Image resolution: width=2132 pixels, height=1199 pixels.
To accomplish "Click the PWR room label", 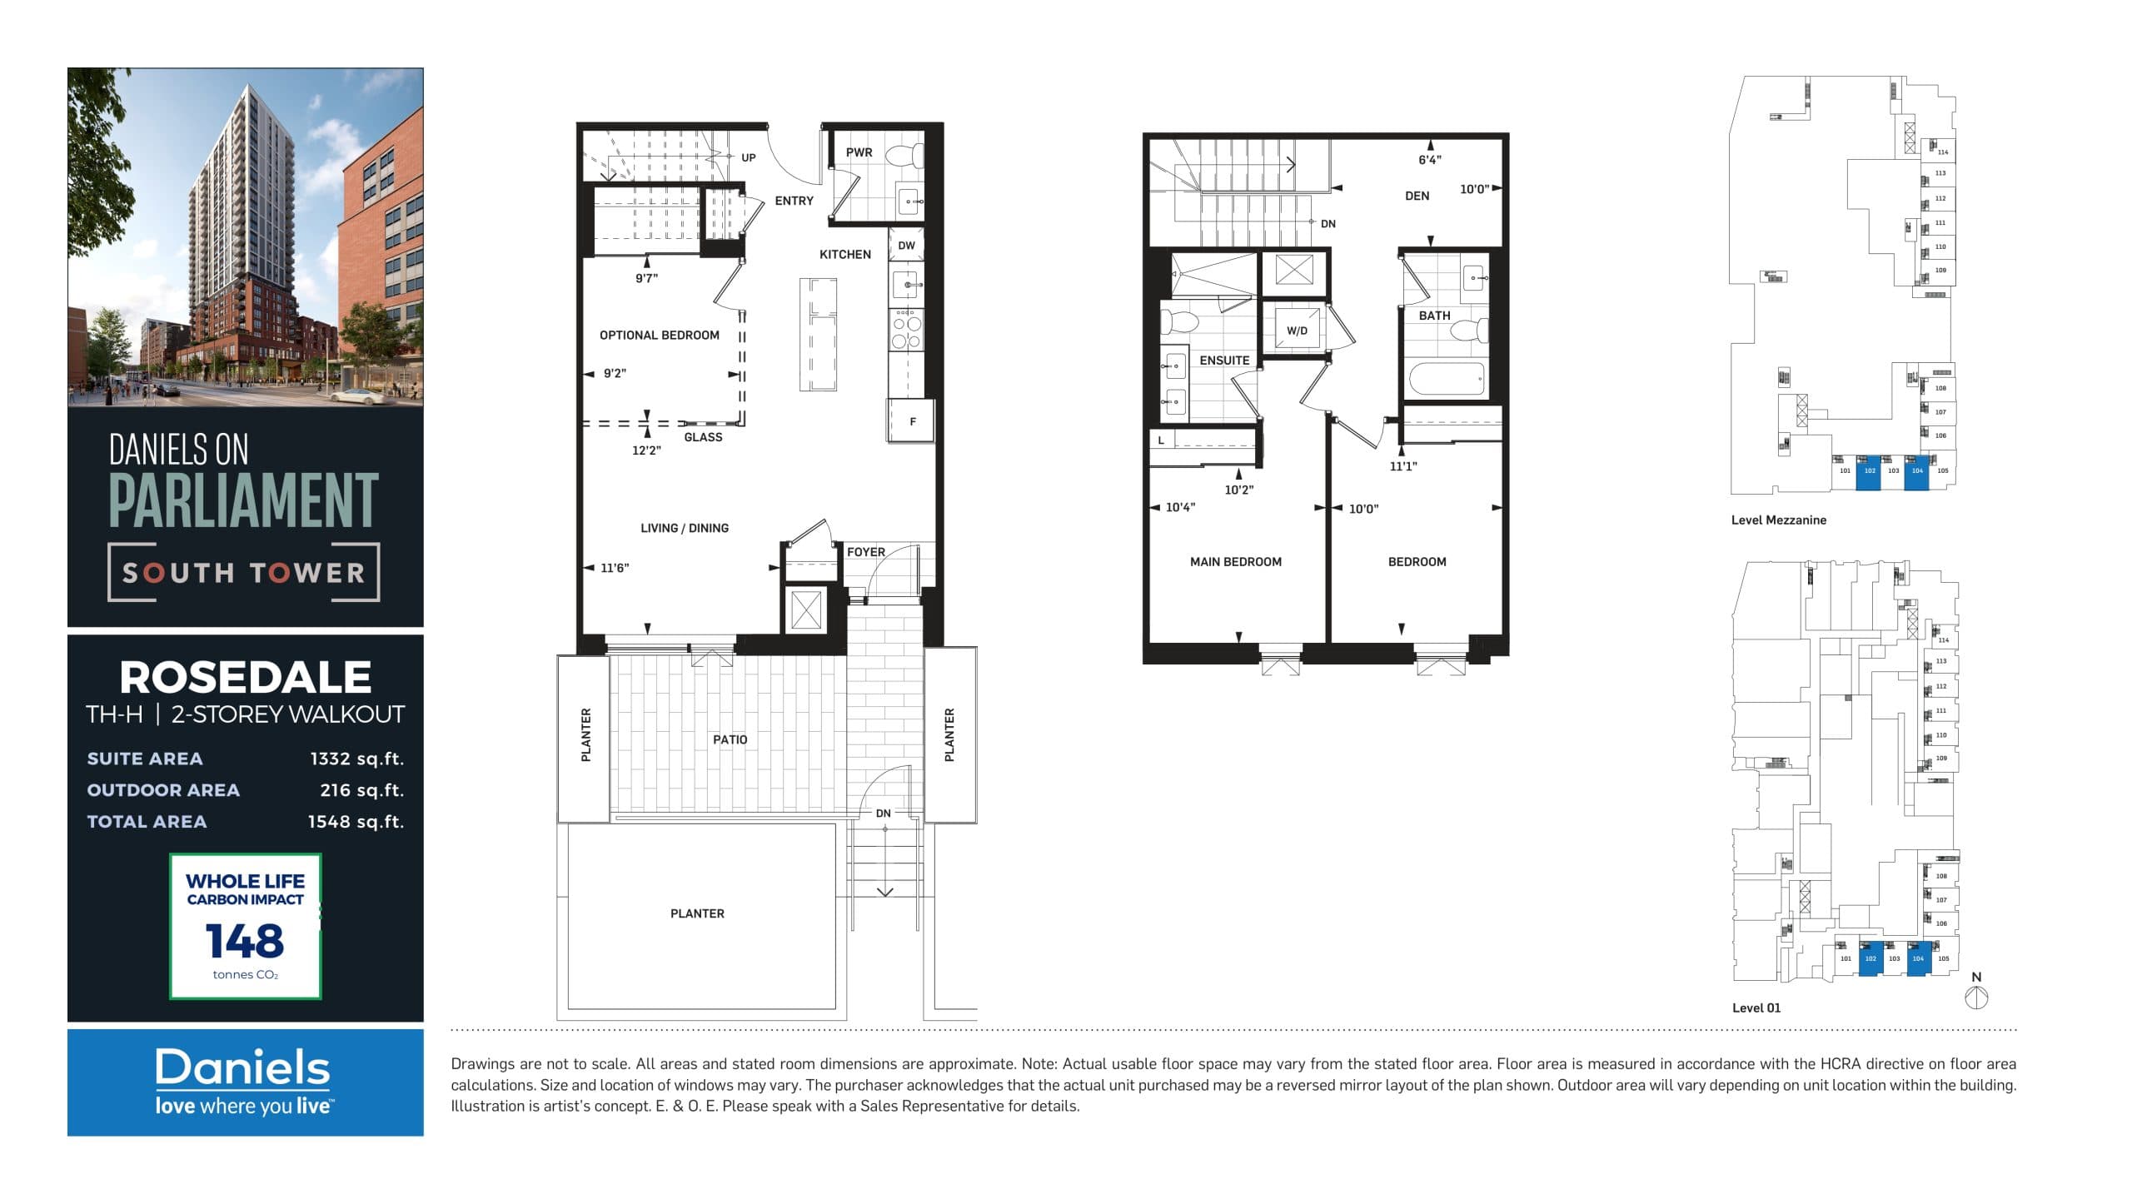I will pos(859,152).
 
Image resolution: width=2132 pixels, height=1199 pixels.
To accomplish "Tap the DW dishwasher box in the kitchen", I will pos(906,246).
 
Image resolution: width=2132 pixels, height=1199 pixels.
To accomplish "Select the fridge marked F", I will pos(912,421).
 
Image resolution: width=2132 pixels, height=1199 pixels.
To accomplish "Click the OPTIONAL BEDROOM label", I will pos(659,335).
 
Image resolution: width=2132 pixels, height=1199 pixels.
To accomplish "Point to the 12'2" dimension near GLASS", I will pos(646,450).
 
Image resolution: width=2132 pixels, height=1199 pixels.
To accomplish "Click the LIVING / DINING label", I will pos(684,528).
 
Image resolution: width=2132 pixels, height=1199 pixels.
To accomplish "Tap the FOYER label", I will pos(865,552).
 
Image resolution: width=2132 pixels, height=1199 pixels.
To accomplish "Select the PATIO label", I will pos(730,739).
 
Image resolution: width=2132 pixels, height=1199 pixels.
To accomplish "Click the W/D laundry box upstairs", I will pos(1296,331).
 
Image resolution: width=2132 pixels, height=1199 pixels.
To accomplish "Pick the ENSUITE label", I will pos(1223,361).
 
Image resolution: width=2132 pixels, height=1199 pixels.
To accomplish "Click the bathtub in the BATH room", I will pos(1447,381).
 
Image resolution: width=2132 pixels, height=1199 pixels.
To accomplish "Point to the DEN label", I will pos(1417,196).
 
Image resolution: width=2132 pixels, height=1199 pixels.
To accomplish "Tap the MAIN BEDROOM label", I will pos(1235,562).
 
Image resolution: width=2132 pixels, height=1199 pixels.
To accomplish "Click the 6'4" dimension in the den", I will pos(1429,160).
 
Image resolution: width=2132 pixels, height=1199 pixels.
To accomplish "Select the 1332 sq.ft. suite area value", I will pos(356,759).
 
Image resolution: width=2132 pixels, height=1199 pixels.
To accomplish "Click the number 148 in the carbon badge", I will pos(245,941).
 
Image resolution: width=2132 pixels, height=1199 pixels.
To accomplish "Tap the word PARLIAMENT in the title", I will pos(243,500).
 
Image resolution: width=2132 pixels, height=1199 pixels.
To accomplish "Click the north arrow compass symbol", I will pos(1976,997).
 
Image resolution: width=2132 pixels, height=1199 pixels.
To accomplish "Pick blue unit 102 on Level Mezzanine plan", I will pos(1869,472).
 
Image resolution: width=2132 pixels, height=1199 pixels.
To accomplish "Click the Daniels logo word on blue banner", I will pos(242,1068).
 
